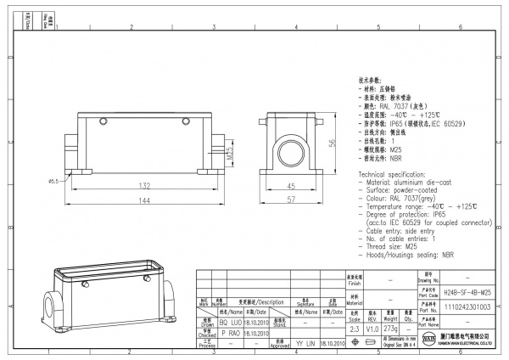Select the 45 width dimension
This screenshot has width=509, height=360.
289,185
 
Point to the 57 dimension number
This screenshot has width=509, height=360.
289,200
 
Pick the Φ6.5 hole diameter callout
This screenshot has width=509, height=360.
53,181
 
